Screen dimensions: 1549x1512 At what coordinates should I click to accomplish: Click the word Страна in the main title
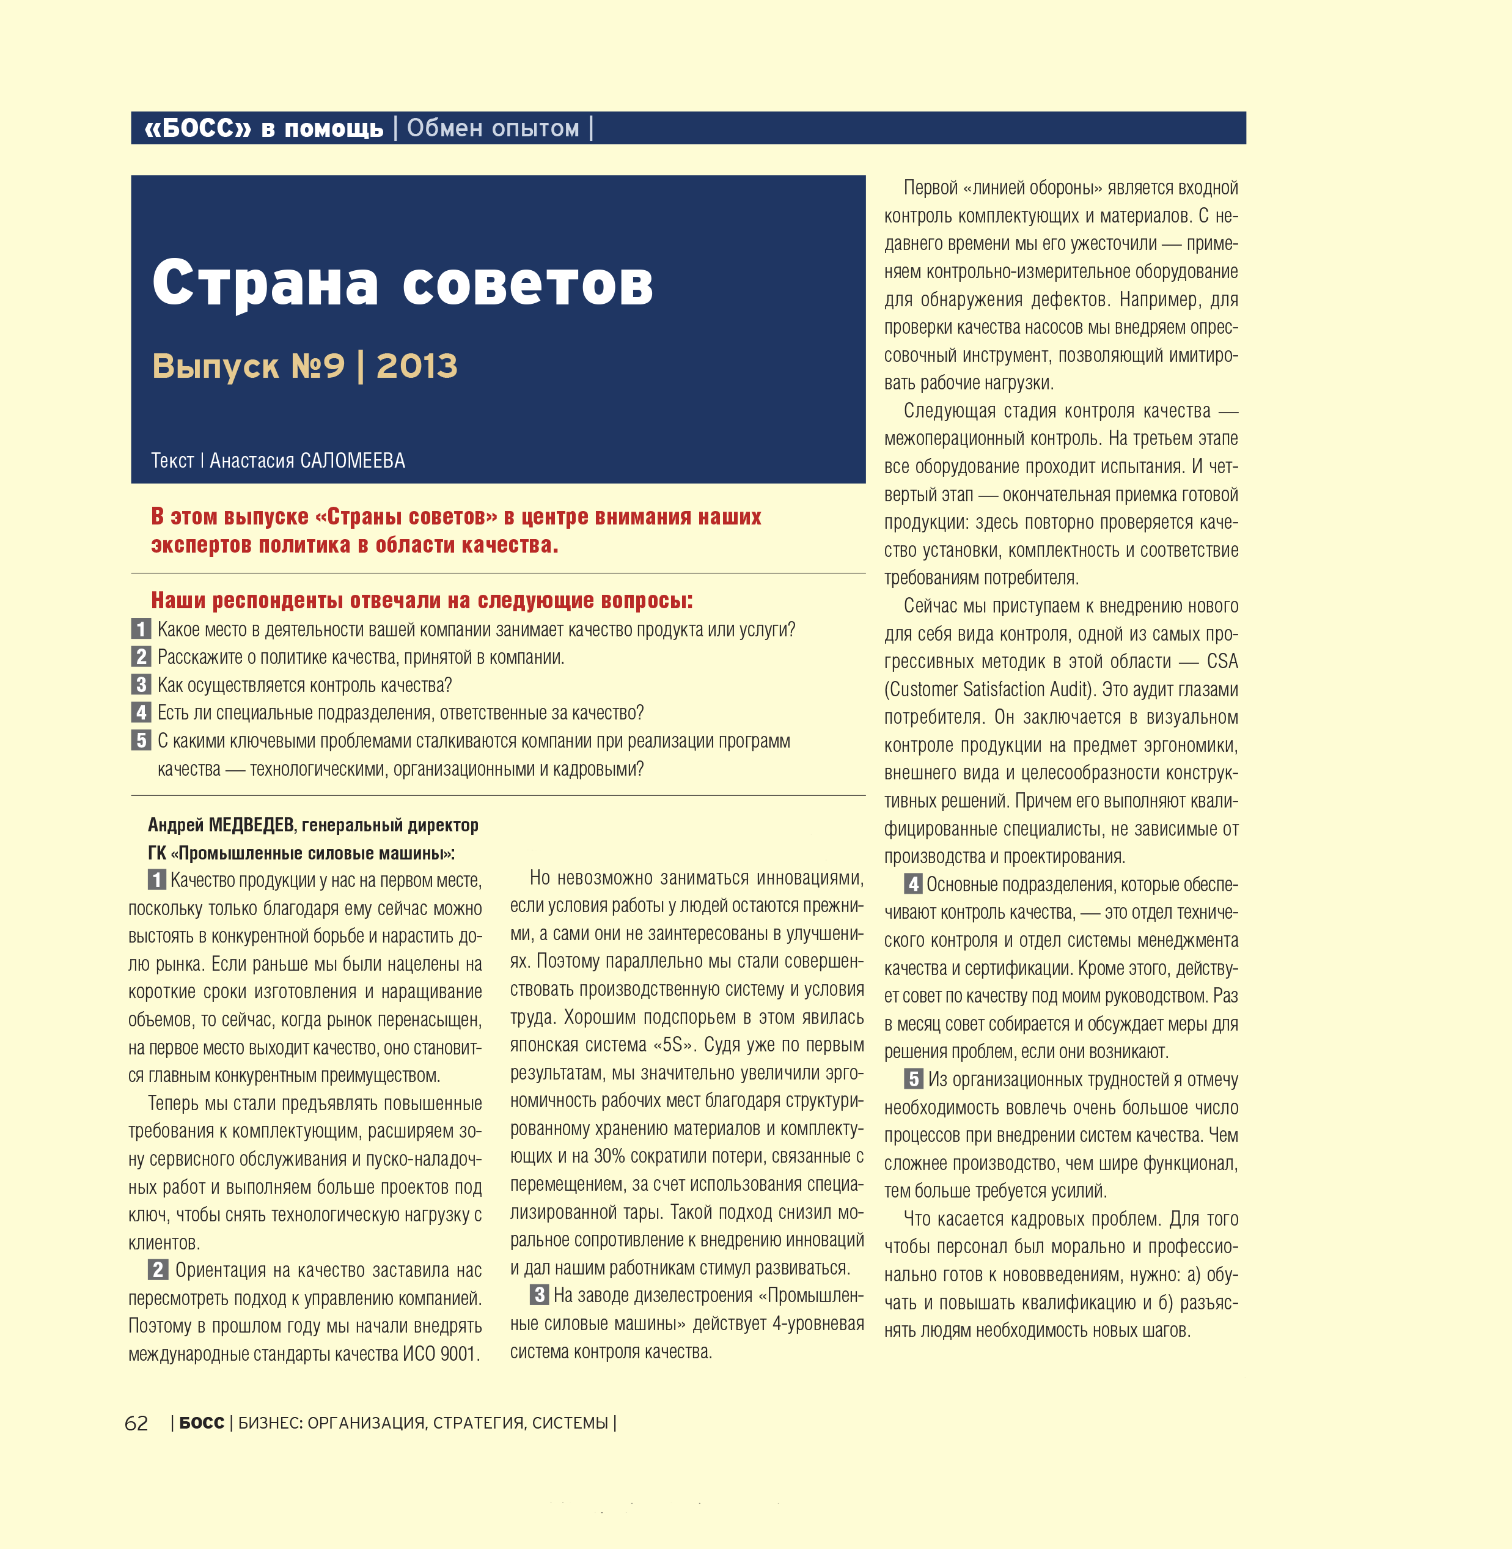point(265,284)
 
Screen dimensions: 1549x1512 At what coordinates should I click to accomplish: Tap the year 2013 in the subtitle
point(416,366)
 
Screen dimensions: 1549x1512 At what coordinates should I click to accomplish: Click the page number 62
point(136,1424)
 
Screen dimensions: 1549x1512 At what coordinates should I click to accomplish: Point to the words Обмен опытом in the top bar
point(493,128)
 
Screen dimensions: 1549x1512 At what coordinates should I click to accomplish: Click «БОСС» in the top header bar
point(198,128)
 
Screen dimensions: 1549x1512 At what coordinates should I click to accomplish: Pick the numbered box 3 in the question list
point(141,685)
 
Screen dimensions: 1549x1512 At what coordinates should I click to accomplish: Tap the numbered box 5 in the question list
point(141,740)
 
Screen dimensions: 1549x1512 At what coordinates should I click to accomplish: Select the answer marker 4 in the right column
point(913,884)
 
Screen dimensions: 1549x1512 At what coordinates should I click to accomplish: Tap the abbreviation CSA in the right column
point(1222,661)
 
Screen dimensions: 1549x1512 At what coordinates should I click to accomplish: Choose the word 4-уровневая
point(818,1323)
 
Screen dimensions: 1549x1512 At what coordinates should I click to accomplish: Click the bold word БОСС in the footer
point(202,1424)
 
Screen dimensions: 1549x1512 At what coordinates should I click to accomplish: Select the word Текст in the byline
point(172,461)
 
